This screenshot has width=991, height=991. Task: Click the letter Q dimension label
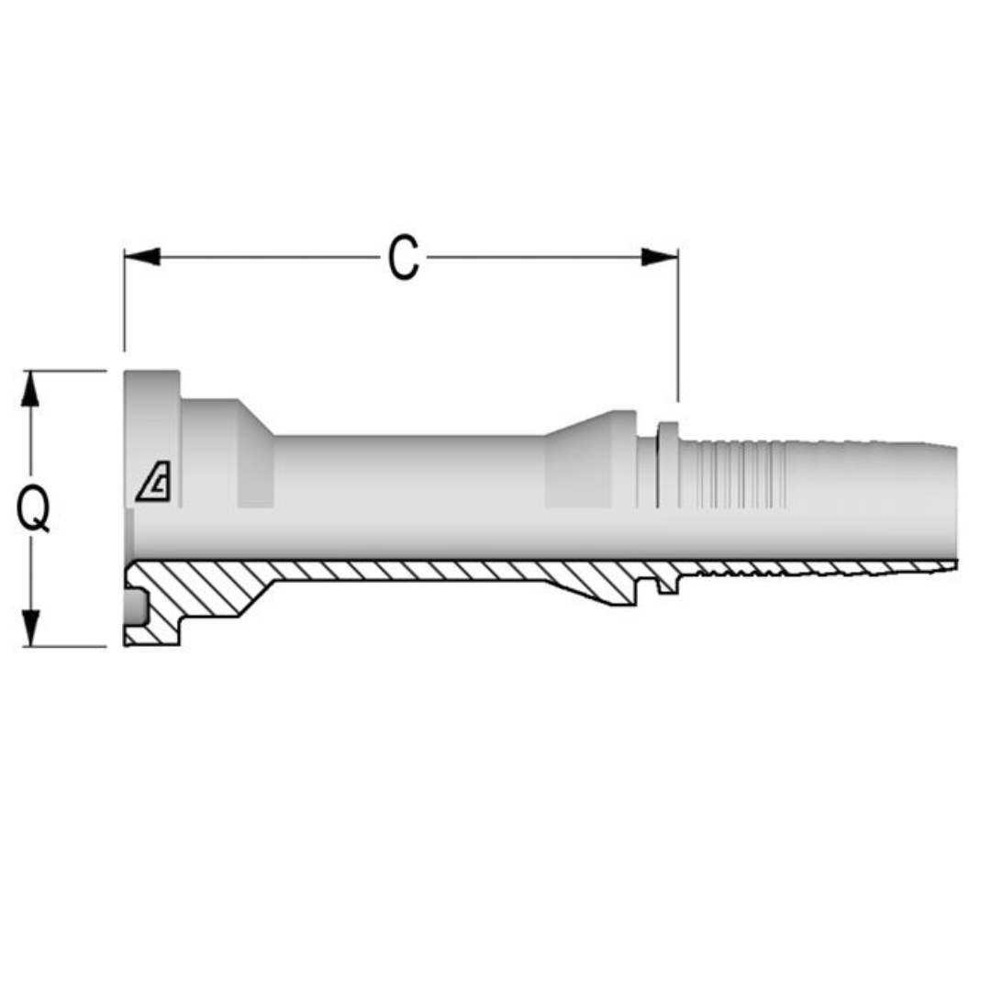[x=34, y=508]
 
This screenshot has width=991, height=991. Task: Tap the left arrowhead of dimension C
[x=142, y=257]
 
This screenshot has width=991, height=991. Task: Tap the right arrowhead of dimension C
[x=659, y=257]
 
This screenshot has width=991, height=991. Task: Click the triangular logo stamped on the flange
[x=153, y=482]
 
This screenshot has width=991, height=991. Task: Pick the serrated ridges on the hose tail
[x=734, y=474]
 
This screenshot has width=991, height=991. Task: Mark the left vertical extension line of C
[x=124, y=303]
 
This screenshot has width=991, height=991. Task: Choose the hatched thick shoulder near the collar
[x=601, y=587]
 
